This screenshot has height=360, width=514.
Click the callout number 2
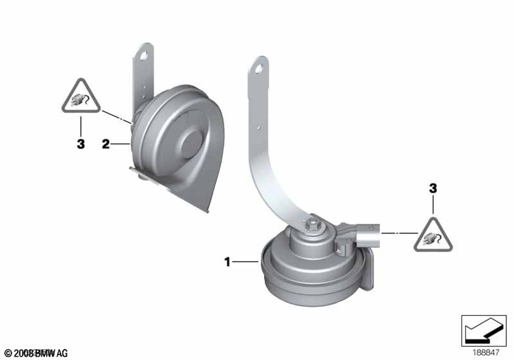click(106, 144)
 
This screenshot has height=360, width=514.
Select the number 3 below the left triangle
click(80, 145)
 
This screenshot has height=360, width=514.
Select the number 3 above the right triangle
click(433, 188)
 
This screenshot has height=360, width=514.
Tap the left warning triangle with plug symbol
click(81, 98)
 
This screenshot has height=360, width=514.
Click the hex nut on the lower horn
click(312, 224)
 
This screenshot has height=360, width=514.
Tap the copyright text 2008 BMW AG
click(35, 353)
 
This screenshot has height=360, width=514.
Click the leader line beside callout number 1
click(245, 262)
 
